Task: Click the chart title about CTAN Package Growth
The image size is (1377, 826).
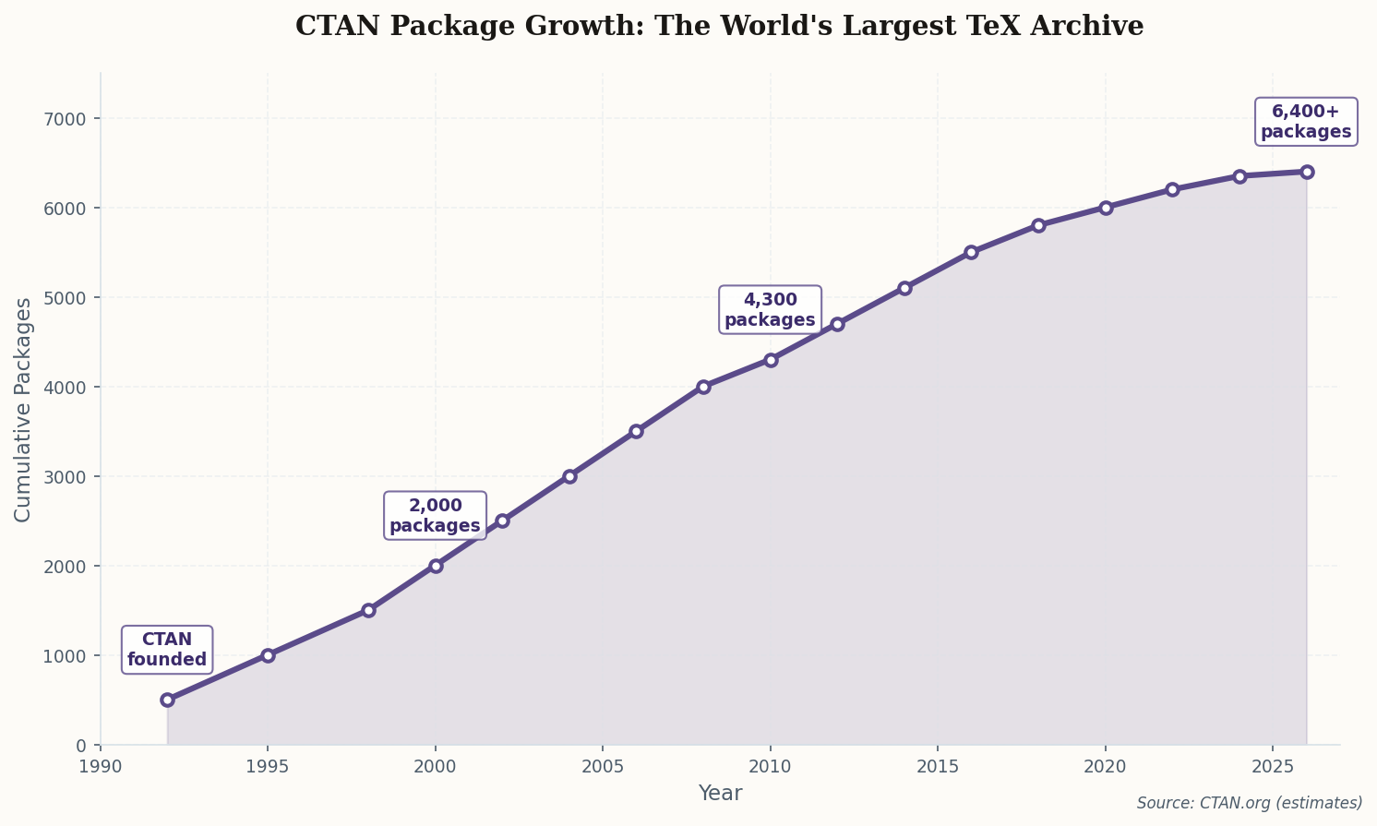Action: tap(719, 26)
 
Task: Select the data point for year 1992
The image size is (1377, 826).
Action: tap(167, 700)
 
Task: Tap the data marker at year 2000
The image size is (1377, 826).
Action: tap(436, 566)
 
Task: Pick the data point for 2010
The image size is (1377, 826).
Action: tap(771, 360)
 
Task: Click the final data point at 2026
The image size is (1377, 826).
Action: tap(1307, 172)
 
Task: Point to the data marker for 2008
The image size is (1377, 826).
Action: tap(703, 387)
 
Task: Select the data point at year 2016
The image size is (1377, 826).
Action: tap(971, 252)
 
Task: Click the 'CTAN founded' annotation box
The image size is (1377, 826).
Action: tap(167, 650)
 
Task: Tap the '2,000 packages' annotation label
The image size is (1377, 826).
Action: tap(435, 516)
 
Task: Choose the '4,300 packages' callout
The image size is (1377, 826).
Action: tap(770, 310)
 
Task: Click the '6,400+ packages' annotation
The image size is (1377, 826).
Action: tap(1306, 122)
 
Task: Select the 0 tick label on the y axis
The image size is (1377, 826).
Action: tap(80, 746)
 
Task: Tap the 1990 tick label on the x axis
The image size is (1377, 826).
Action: tap(101, 767)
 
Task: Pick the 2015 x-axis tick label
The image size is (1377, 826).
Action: tap(938, 767)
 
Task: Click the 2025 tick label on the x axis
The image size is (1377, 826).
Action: tap(1273, 767)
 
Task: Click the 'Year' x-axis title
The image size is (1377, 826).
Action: tap(720, 794)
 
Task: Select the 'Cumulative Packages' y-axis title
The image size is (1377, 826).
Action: tap(23, 409)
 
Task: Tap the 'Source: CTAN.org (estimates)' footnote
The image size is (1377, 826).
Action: tap(1250, 803)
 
